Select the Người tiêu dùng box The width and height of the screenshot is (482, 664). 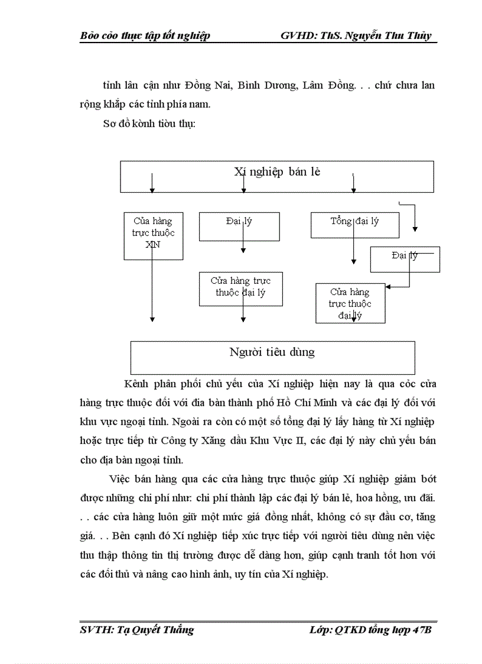tap(272, 353)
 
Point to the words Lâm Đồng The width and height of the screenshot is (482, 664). tap(328, 85)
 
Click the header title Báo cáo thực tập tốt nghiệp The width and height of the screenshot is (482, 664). tap(145, 35)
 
